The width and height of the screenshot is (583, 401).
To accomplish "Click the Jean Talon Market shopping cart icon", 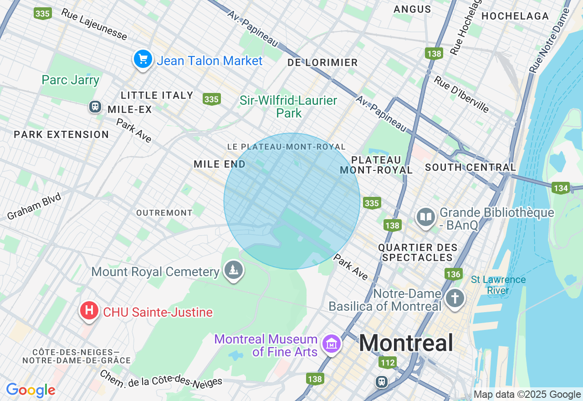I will pyautogui.click(x=143, y=59).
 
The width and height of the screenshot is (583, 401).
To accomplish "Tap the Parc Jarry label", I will pyautogui.click(x=70, y=80).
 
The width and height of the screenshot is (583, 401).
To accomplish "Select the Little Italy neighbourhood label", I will pyautogui.click(x=157, y=95).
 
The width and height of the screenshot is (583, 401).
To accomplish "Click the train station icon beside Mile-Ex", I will pyautogui.click(x=95, y=107).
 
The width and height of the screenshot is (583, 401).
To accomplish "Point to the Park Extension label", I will pyautogui.click(x=61, y=134).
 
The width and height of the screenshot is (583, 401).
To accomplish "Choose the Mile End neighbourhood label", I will pyautogui.click(x=220, y=164).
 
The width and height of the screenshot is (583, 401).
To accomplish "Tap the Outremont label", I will pyautogui.click(x=164, y=213).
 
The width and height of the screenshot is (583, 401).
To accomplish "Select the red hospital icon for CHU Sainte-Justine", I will pyautogui.click(x=89, y=311).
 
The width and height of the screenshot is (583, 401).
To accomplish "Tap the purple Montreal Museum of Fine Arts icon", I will pyautogui.click(x=331, y=344).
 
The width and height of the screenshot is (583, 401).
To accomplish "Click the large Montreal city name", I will pyautogui.click(x=406, y=343).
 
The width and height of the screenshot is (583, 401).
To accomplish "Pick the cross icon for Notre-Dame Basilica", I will pyautogui.click(x=455, y=298).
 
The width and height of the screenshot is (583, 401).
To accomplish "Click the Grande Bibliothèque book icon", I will pyautogui.click(x=426, y=217).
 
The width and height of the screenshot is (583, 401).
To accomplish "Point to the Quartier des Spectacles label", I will pyautogui.click(x=418, y=252).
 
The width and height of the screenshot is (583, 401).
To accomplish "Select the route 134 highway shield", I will pyautogui.click(x=560, y=187).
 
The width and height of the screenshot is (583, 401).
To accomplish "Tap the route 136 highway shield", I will pyautogui.click(x=453, y=274).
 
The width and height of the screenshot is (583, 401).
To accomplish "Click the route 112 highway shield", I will pyautogui.click(x=387, y=363).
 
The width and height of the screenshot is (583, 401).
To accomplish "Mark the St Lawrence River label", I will pyautogui.click(x=498, y=285).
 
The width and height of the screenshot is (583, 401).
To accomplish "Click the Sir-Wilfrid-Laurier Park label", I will pyautogui.click(x=289, y=107).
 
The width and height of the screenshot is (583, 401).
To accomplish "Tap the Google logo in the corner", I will pyautogui.click(x=31, y=391).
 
